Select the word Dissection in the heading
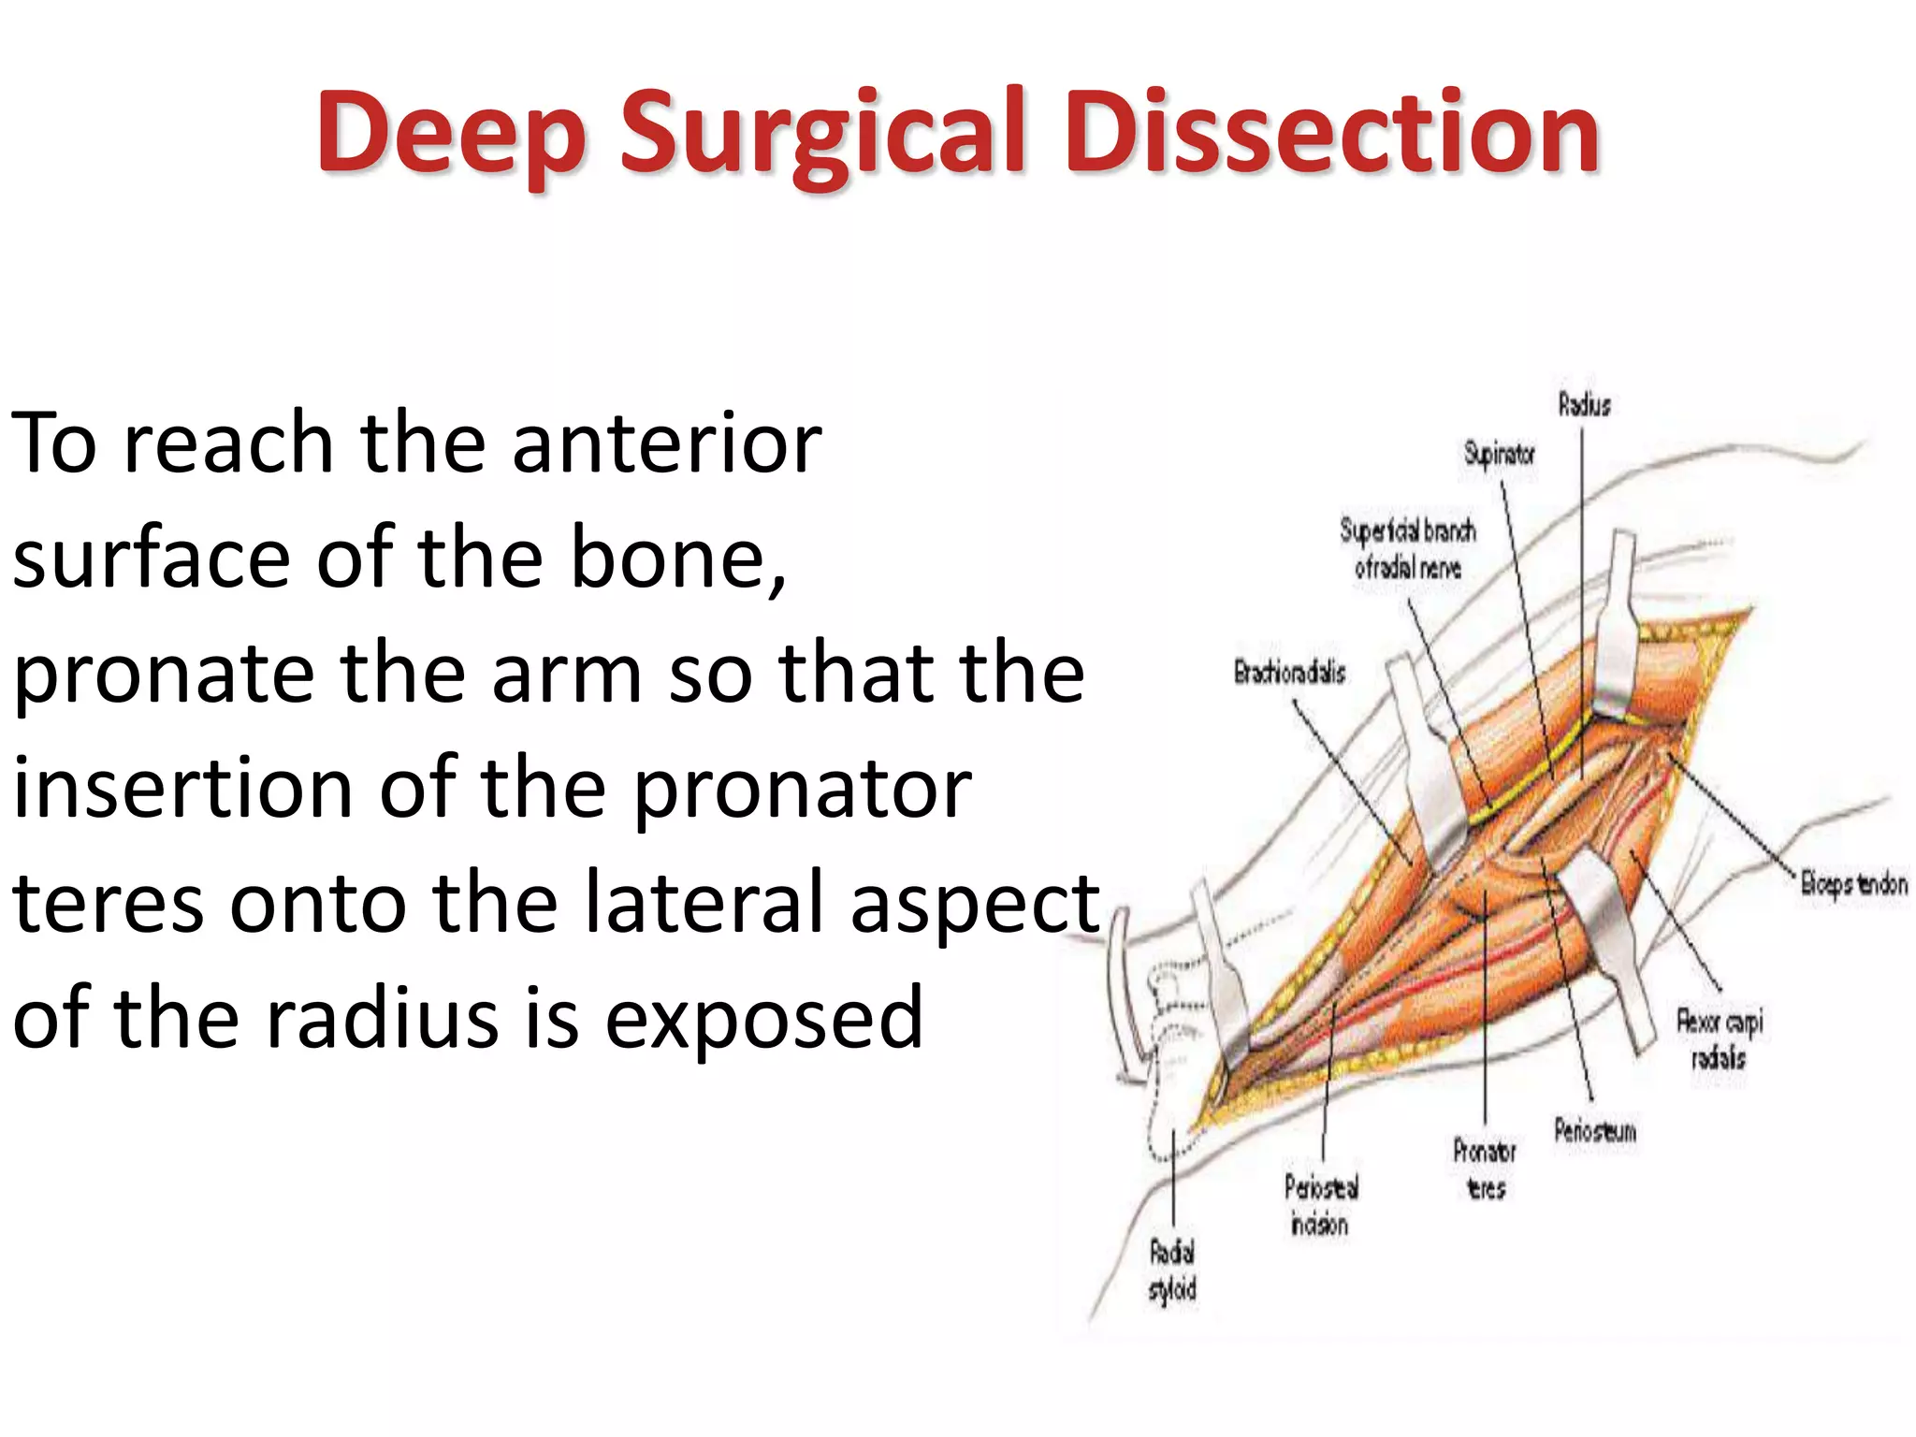(1332, 133)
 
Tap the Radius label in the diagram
(1584, 405)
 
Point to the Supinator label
(1499, 455)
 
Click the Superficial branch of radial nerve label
(1408, 548)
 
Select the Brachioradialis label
(1289, 673)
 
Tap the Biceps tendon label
(1853, 883)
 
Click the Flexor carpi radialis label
(1719, 1038)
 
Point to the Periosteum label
(1595, 1131)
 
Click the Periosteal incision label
(1320, 1206)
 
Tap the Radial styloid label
(1172, 1270)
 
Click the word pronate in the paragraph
(165, 675)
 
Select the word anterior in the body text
(666, 443)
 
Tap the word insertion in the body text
(183, 790)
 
